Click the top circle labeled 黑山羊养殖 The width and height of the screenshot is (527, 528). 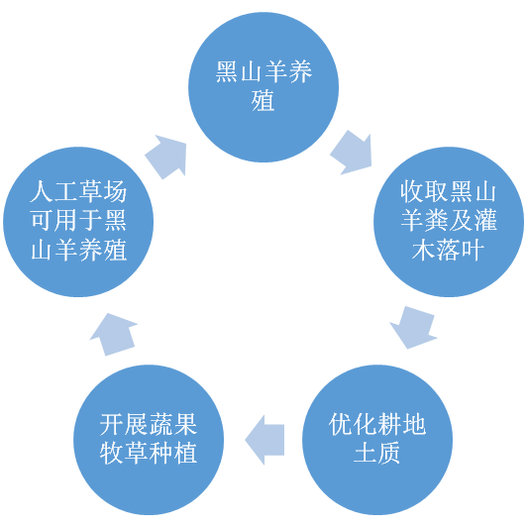point(263,87)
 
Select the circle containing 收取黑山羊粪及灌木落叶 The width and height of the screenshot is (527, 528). point(449,222)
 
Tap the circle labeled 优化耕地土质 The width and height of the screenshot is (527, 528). point(377,440)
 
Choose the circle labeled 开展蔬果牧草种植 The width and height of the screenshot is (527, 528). point(149,440)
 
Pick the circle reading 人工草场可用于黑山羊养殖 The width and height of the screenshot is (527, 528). point(78,222)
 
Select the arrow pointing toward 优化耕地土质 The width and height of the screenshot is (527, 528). point(413,327)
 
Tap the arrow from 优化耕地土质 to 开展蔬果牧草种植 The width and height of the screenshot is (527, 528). point(264,440)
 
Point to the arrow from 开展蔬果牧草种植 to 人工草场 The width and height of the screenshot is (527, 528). point(114,334)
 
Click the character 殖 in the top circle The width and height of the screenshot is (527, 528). point(263,101)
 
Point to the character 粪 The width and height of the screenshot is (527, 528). point(437,221)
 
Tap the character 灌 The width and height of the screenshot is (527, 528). point(485,221)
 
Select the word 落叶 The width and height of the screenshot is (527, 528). point(461,251)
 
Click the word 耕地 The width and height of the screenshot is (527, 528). point(402,424)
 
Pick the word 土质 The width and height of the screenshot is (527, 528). point(377,454)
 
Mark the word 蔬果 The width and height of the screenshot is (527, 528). point(172,424)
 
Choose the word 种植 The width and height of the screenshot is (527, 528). point(172,454)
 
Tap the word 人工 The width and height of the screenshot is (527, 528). point(53,191)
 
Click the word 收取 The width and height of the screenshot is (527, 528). point(425,191)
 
